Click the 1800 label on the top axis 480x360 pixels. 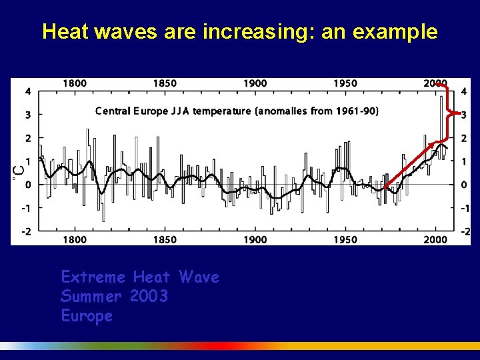click(75, 83)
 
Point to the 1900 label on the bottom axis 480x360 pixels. click(255, 239)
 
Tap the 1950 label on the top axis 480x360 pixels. click(345, 83)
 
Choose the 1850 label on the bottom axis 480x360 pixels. click(165, 239)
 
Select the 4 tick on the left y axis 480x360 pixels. click(27, 91)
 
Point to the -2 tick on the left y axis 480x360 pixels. click(25, 231)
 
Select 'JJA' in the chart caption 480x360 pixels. click(182, 111)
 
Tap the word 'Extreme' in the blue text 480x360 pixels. click(93, 277)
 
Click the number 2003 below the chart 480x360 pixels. click(149, 296)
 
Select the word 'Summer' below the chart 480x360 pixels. click(91, 296)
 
